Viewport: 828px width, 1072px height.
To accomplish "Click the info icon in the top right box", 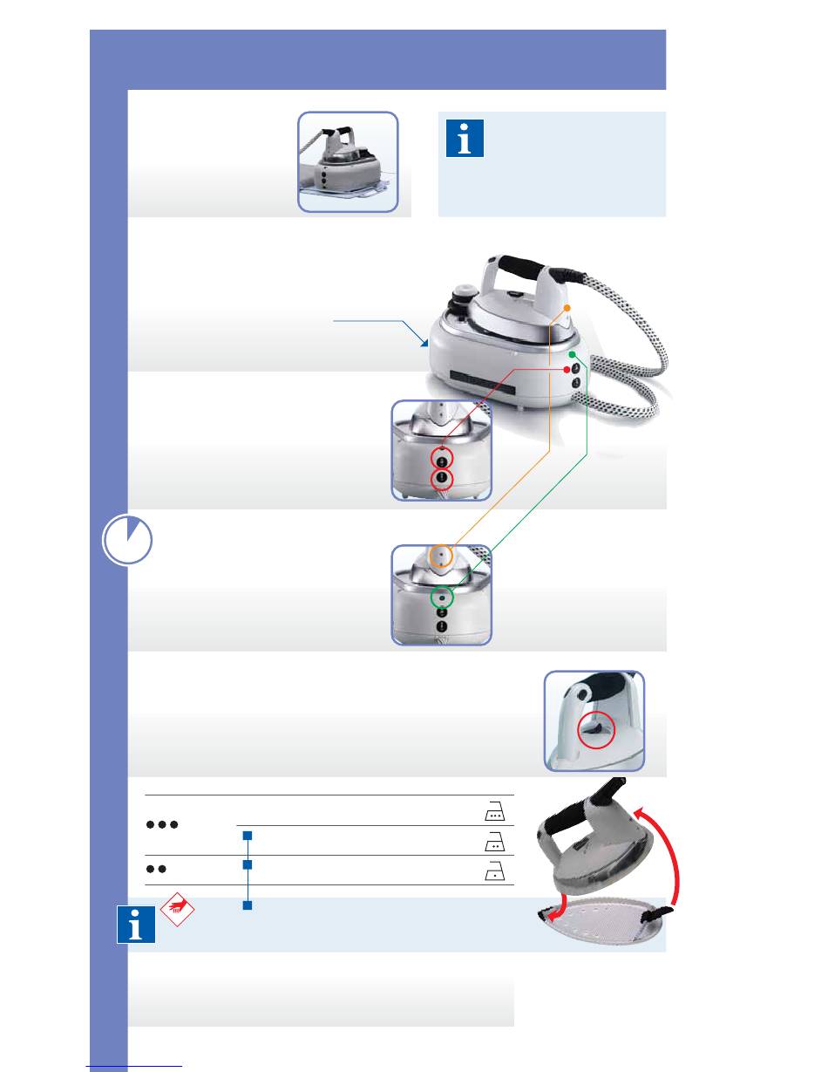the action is pyautogui.click(x=465, y=139).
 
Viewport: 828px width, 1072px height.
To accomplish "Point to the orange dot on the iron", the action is pyautogui.click(x=567, y=309).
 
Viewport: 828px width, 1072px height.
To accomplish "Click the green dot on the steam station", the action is pyautogui.click(x=572, y=356).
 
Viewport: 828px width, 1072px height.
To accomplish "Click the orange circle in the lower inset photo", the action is pyautogui.click(x=442, y=555).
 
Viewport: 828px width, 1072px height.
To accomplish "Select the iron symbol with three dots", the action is pyautogui.click(x=494, y=812).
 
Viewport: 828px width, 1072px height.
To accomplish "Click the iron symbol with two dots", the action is pyautogui.click(x=494, y=842).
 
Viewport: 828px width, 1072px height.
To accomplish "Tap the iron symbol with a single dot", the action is pyautogui.click(x=494, y=871).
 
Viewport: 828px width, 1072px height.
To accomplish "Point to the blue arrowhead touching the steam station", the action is pyautogui.click(x=425, y=344).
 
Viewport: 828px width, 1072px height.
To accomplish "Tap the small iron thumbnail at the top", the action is pyautogui.click(x=348, y=161).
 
